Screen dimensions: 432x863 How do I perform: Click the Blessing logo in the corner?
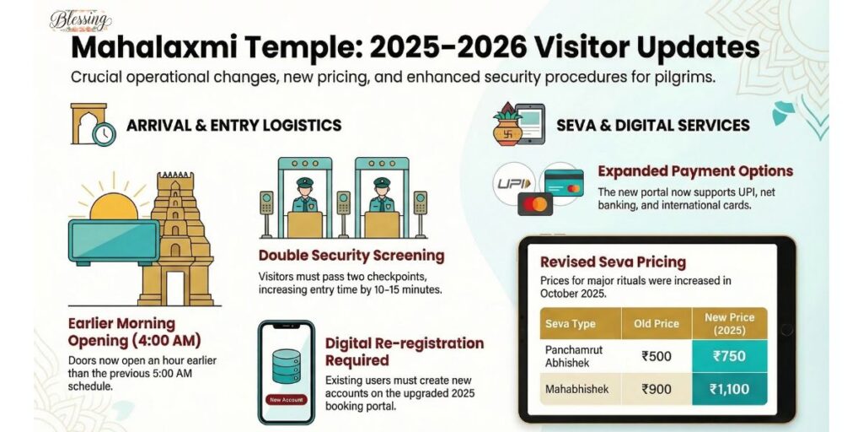point(80,19)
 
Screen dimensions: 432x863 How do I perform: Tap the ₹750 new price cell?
point(729,356)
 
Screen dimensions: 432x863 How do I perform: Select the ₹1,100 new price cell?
point(729,390)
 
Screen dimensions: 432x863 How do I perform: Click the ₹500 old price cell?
point(657,356)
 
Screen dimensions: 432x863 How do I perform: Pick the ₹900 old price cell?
point(657,390)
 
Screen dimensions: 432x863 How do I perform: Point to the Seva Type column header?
point(571,324)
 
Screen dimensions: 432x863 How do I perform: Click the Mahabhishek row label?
point(576,390)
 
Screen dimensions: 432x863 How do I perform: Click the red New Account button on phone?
point(287,399)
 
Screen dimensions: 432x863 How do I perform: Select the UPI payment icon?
point(515,183)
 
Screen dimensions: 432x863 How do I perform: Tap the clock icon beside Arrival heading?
point(104,133)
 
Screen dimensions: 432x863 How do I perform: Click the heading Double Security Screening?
point(351,256)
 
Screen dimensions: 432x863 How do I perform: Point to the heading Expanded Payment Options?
point(695,172)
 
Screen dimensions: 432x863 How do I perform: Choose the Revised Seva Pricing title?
point(613,262)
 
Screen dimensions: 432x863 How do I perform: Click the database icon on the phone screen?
point(286,364)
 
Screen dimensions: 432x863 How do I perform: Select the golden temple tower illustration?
point(178,240)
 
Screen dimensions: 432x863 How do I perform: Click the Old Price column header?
point(657,324)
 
